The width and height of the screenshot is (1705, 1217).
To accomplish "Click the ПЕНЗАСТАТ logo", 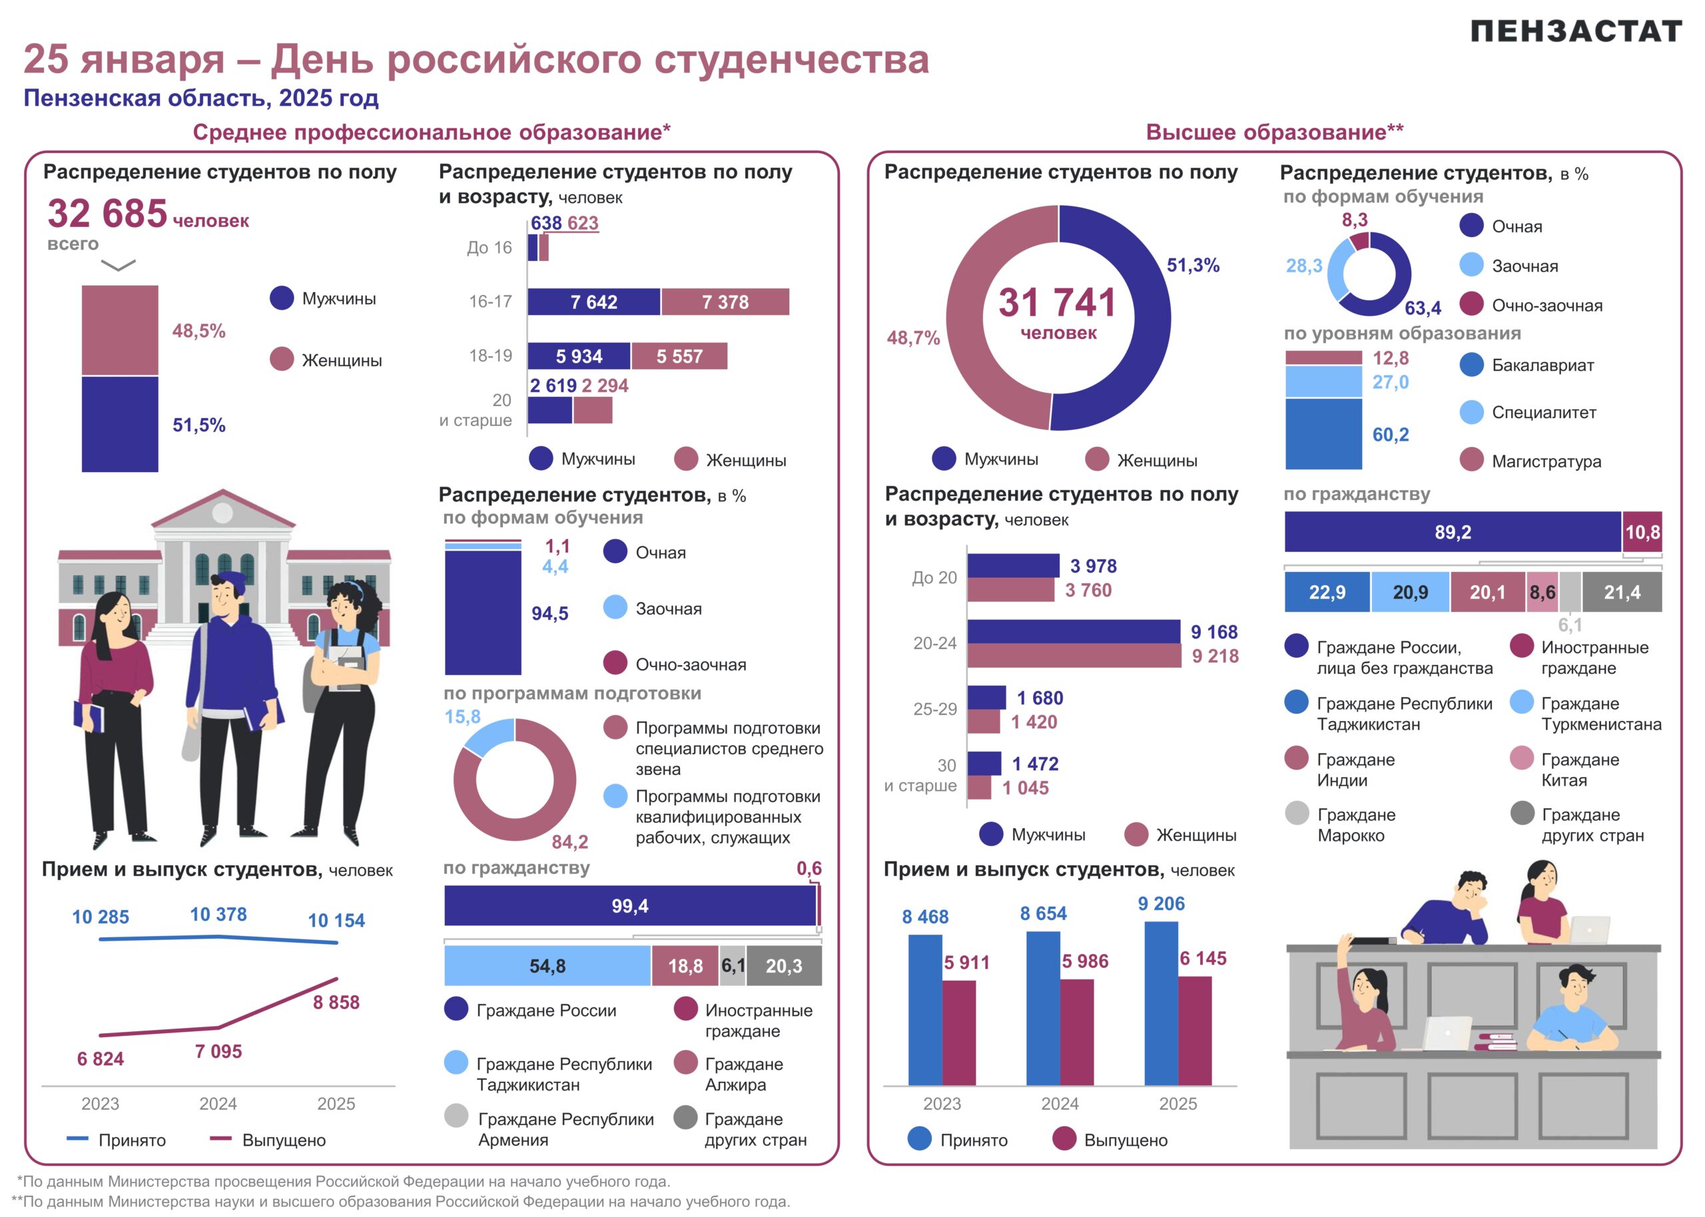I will click(x=1575, y=31).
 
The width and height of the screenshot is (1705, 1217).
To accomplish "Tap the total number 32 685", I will click(x=107, y=214).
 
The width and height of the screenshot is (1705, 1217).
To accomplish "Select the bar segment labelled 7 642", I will click(x=593, y=302).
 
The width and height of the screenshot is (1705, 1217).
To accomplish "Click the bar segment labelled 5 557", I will click(x=679, y=356).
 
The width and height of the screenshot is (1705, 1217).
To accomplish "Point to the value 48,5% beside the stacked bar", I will click(x=198, y=332).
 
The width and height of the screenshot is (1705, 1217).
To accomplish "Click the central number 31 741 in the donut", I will click(x=1058, y=304).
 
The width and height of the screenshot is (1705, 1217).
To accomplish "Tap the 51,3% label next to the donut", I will click(x=1193, y=265).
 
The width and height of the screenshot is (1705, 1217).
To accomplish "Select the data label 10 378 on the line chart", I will click(x=218, y=914).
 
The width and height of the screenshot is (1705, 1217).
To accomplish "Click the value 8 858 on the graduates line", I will click(x=336, y=1002).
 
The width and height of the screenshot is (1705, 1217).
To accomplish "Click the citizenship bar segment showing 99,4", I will click(x=629, y=906).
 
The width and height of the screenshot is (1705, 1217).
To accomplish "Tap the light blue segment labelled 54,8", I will click(x=547, y=966).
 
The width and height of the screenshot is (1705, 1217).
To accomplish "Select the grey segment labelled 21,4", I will click(x=1622, y=593).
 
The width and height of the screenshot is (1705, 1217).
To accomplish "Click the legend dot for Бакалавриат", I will click(x=1472, y=365).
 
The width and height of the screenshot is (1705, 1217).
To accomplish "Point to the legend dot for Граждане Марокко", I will click(x=1297, y=814).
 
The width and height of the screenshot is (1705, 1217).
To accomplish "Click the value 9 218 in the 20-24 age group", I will click(x=1215, y=656).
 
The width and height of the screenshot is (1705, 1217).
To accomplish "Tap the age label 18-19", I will click(x=490, y=356).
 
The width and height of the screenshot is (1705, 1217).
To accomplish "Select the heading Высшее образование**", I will click(x=1274, y=132).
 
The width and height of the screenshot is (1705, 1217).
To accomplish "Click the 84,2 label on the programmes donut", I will click(x=569, y=842).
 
